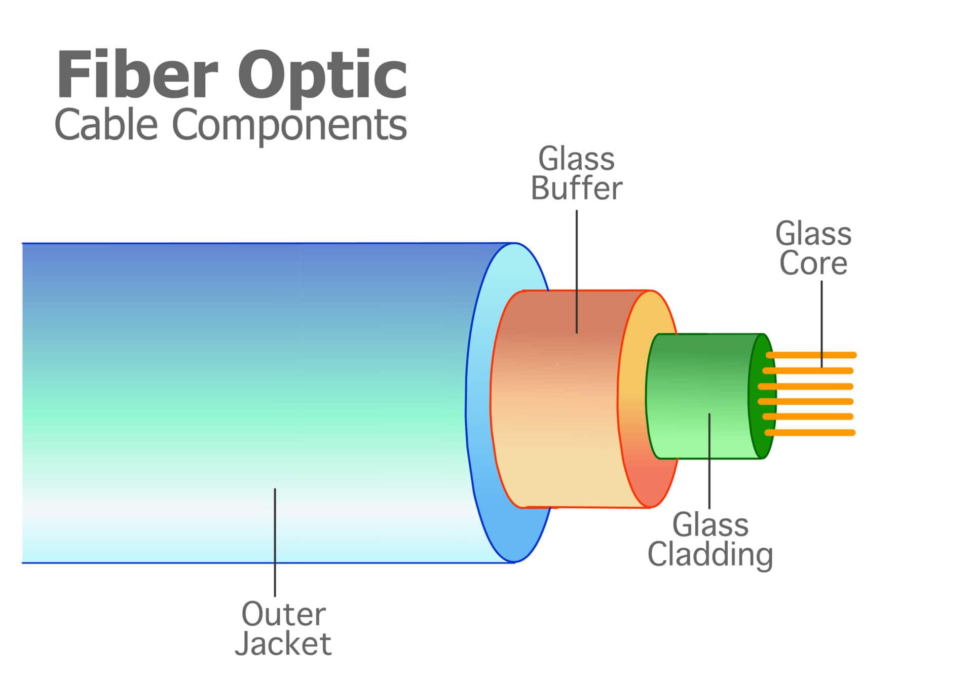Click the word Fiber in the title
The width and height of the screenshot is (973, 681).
point(137,74)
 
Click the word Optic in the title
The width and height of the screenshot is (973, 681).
point(322,76)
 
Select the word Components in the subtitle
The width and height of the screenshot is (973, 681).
point(289,125)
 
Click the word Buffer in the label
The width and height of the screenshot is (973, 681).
point(576,188)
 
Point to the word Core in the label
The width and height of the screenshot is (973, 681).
point(813,263)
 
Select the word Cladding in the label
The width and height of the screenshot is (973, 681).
point(710,555)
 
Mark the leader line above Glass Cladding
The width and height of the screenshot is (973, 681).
point(709,461)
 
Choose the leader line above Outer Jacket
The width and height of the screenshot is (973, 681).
point(275,542)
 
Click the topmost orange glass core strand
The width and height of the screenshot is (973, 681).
point(811,355)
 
